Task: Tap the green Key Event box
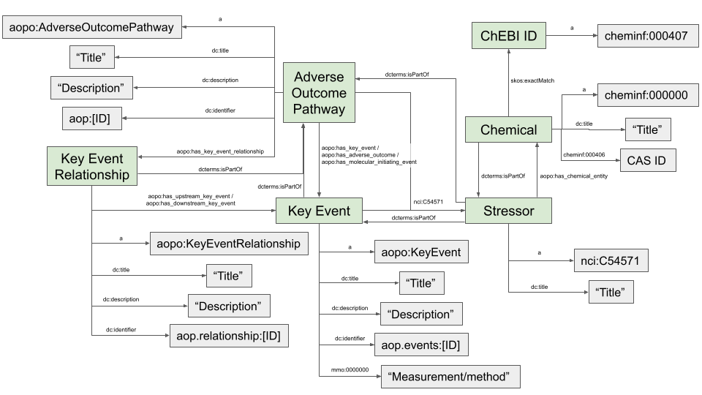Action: [x=319, y=212]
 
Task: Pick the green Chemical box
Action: [x=509, y=130]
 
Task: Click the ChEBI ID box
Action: [x=509, y=35]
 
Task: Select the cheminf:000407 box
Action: [x=642, y=35]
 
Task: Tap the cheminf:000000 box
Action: [x=642, y=95]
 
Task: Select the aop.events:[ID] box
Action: [x=420, y=343]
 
